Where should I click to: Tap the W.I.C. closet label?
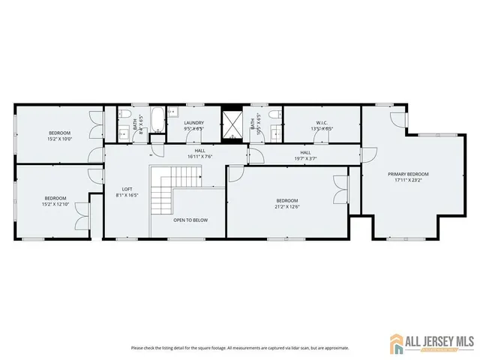[x=322, y=123]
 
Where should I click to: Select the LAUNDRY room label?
[x=194, y=123]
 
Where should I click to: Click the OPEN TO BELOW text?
[x=190, y=220]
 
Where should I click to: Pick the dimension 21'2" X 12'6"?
[x=287, y=206]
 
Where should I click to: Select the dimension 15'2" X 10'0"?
[x=59, y=139]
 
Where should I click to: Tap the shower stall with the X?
[x=232, y=122]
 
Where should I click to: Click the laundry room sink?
[x=174, y=115]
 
